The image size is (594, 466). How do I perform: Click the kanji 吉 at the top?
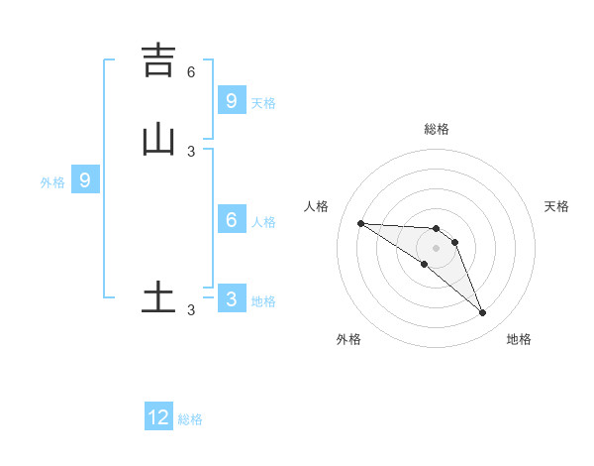158,60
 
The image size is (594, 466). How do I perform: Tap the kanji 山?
158,140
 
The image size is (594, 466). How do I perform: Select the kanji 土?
158,296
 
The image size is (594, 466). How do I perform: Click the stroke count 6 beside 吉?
191,71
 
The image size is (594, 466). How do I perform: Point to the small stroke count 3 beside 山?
191,151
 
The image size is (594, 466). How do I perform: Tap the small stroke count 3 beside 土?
191,310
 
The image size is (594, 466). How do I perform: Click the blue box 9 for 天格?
232,100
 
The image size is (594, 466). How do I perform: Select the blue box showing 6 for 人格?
232,220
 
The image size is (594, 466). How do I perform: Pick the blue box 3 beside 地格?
232,299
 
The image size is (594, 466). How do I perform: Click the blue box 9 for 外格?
85,180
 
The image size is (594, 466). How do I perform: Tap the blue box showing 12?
158,417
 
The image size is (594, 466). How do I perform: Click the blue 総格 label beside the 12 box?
190,419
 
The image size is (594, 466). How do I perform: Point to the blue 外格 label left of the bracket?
51,182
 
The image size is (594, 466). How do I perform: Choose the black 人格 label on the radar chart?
316,206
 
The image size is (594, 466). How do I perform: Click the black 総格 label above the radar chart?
436,129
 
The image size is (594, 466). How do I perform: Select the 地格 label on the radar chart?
519,339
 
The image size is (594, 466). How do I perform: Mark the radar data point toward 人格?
360,223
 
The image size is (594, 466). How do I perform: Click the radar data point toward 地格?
482,313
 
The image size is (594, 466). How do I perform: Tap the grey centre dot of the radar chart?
436,248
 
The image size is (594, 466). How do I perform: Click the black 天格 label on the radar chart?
556,206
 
